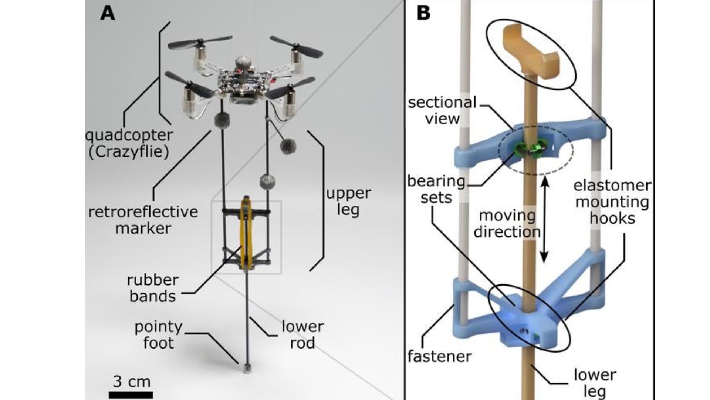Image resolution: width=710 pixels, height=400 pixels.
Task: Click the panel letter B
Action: (x=423, y=13)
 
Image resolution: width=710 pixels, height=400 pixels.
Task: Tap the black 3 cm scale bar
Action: (x=131, y=394)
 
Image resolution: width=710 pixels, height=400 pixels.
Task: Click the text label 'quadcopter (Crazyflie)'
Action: (x=129, y=143)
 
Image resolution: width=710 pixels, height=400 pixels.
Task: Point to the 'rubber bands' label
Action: (x=152, y=288)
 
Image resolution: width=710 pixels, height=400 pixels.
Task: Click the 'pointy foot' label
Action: (x=158, y=335)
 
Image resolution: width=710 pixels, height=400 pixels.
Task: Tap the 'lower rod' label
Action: (x=302, y=335)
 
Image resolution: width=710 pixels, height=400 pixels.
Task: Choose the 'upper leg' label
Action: (x=348, y=201)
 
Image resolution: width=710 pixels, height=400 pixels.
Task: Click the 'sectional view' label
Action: (x=442, y=110)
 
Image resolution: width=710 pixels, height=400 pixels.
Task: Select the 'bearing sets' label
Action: (x=436, y=189)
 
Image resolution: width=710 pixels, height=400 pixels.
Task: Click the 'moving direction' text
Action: (x=507, y=224)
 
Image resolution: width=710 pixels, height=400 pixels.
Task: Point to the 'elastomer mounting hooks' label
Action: (x=612, y=202)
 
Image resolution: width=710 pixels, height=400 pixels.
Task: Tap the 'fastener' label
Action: (x=439, y=357)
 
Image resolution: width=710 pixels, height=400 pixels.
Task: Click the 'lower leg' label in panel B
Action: (x=595, y=383)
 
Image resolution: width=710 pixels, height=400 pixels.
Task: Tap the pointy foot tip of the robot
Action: (x=247, y=368)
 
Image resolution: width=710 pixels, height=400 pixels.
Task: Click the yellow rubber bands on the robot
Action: (x=246, y=233)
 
